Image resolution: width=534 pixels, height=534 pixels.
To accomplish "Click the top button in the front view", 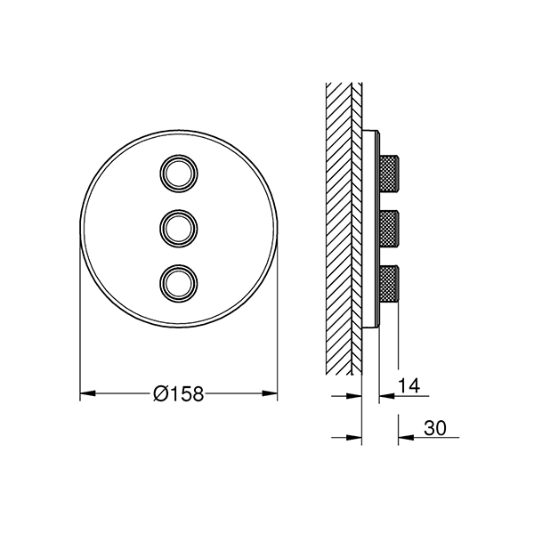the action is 179,174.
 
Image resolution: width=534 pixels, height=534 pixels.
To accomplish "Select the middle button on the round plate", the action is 179,228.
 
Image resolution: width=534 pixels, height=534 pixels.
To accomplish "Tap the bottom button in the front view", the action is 179,283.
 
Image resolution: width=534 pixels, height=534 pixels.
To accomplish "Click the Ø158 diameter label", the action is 179,393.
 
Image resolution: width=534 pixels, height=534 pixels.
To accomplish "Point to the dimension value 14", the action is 409,386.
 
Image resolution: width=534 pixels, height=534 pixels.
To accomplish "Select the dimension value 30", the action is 435,428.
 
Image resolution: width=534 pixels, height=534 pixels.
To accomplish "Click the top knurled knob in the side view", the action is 389,174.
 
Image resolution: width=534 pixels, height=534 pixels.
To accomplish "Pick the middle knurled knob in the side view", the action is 389,228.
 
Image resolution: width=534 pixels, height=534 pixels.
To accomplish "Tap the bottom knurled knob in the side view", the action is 389,283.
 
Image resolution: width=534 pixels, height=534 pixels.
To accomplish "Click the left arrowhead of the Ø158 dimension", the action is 87,393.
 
